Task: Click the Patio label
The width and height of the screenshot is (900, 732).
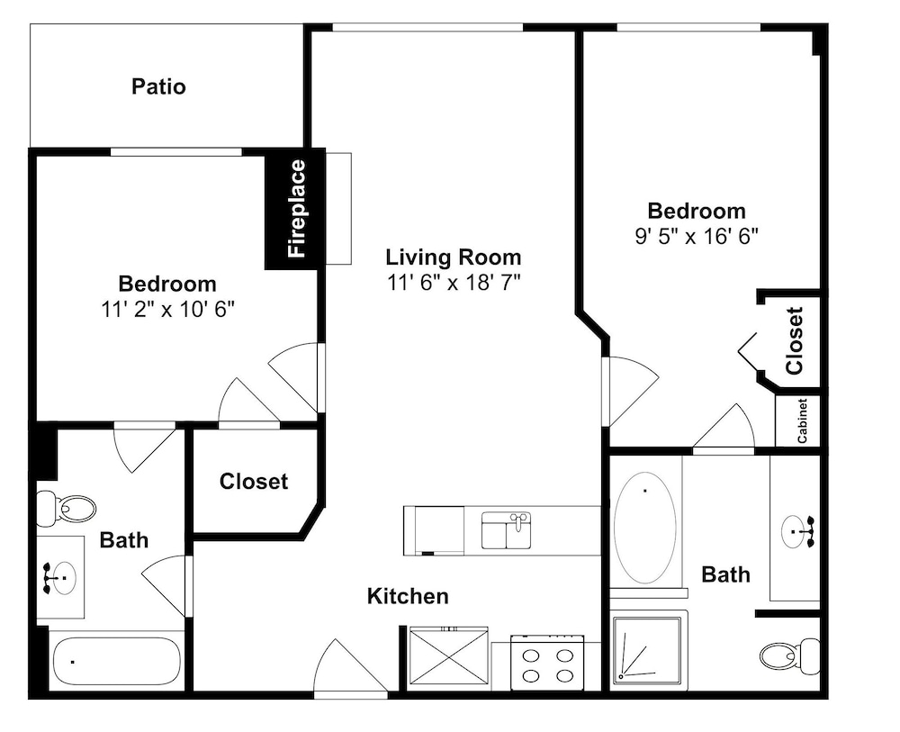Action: coord(158,86)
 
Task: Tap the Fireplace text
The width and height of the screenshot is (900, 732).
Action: coord(297,208)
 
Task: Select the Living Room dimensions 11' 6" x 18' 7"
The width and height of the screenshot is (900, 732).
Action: coord(454,283)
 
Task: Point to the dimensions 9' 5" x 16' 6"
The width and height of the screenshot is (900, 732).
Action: coord(697,236)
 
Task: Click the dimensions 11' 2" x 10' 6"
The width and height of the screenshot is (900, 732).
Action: coord(168,310)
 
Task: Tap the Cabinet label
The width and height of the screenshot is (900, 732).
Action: coord(802,420)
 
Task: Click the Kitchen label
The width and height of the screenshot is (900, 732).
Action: coord(408,596)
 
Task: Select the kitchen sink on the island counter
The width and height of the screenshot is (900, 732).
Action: coord(506,530)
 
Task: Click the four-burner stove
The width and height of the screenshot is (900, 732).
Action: coord(547,663)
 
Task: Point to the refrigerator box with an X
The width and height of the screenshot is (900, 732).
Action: coord(448,655)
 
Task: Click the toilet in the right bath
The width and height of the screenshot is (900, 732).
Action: coord(790,655)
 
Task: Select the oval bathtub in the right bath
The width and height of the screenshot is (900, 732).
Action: coord(644,528)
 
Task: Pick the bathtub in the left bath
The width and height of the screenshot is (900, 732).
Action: coord(116,661)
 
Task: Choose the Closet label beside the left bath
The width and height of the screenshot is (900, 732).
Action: coord(254,481)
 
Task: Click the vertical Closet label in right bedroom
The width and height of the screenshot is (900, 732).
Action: coord(795,341)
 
